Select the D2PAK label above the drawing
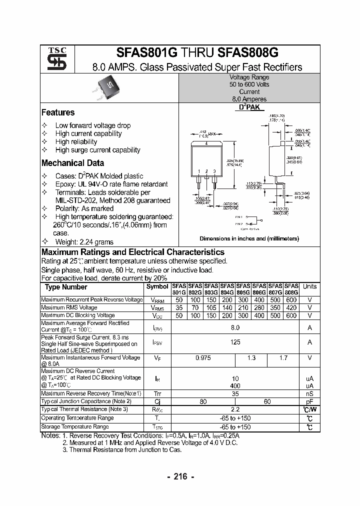point(249,107)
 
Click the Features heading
point(58,112)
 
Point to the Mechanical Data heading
point(72,163)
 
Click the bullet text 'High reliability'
point(76,141)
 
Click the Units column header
point(309,286)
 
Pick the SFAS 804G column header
point(227,289)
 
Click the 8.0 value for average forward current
point(235,327)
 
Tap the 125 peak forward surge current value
point(235,342)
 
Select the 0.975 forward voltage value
point(203,358)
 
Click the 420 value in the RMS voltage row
point(291,308)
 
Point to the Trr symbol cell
point(157,393)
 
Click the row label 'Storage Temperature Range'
point(75,427)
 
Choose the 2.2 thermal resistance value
point(235,409)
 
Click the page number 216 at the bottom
point(180,476)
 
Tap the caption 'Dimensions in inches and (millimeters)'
point(249,239)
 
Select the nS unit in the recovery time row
point(309,393)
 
